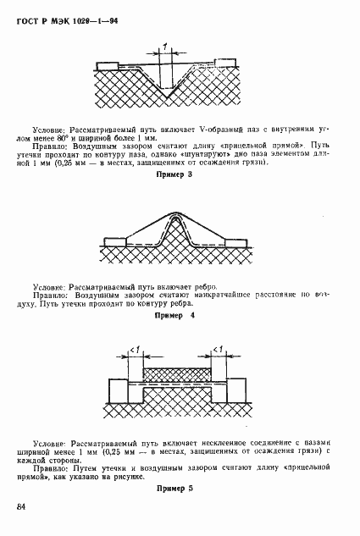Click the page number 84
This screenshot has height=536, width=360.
click(x=19, y=506)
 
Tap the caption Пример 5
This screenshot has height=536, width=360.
click(x=180, y=489)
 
